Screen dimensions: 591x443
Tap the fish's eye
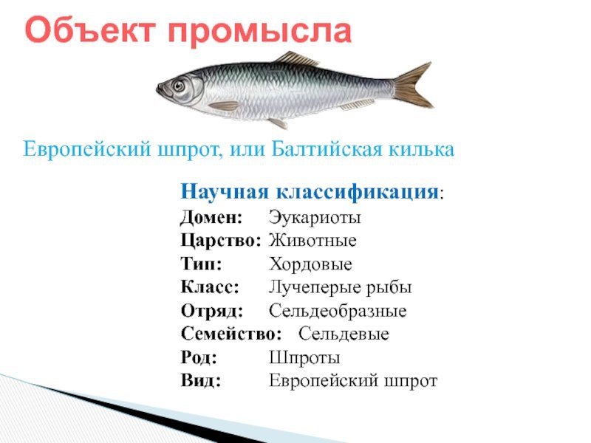[179, 86]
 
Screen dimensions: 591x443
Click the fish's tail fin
[414, 86]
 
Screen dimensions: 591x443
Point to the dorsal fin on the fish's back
[296, 58]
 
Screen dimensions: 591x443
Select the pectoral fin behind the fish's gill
[224, 106]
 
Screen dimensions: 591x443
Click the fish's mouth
[160, 89]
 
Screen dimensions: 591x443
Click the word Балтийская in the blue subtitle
[327, 149]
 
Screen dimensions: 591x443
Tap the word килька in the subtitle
[421, 149]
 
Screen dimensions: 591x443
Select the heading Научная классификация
[310, 191]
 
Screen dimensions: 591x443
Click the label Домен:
[211, 217]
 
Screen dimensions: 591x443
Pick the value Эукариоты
[315, 217]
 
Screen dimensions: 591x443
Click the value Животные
[312, 241]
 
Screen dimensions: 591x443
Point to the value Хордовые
[310, 264]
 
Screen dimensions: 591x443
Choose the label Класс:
[210, 287]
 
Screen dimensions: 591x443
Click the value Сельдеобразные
[338, 311]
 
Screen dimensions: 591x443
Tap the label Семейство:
[231, 334]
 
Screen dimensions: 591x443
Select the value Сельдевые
[344, 334]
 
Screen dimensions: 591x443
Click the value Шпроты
[304, 357]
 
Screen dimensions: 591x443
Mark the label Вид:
[200, 380]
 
